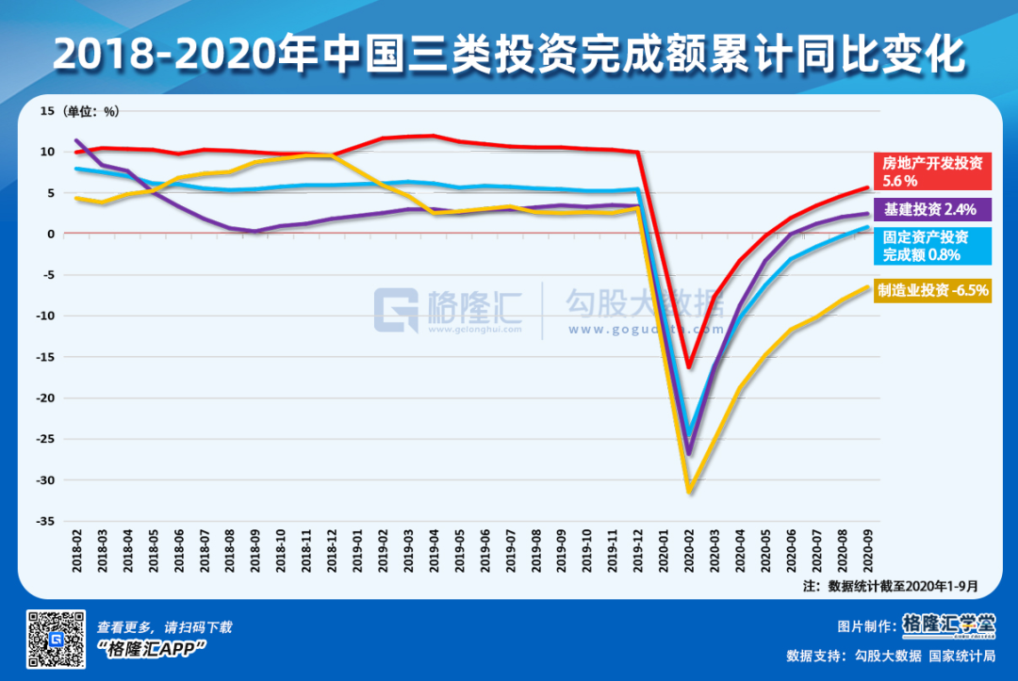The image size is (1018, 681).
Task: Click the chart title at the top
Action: [509, 54]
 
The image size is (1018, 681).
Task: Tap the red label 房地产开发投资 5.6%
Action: [931, 172]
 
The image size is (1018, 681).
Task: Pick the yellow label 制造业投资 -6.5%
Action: [933, 291]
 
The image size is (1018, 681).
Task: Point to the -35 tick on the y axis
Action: [48, 521]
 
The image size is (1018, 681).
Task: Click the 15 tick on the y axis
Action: [48, 110]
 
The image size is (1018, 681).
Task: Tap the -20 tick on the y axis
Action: [48, 398]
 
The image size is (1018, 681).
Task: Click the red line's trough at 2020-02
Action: [689, 366]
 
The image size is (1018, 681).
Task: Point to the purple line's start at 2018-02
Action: [76, 141]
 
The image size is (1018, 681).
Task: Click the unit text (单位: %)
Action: [91, 111]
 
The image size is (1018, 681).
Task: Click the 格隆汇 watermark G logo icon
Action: [396, 310]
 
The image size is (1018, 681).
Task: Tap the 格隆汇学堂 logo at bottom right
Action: [947, 624]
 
